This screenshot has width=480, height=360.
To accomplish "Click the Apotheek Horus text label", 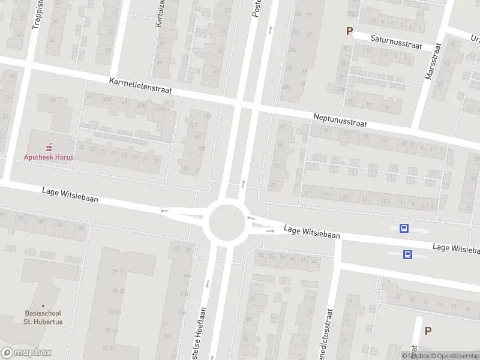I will pyautogui.click(x=49, y=157).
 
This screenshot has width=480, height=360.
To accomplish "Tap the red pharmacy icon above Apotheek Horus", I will pyautogui.click(x=49, y=146).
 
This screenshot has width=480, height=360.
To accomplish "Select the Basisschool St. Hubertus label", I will pyautogui.click(x=44, y=317).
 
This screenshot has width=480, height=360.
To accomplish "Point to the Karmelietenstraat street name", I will pyautogui.click(x=140, y=85).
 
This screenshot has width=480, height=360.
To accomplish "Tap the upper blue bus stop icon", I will pyautogui.click(x=404, y=228).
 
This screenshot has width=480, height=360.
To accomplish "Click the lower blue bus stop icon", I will pyautogui.click(x=407, y=254).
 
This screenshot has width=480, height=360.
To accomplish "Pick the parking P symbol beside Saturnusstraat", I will pyautogui.click(x=349, y=31).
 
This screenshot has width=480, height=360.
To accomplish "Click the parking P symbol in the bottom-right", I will pyautogui.click(x=428, y=331).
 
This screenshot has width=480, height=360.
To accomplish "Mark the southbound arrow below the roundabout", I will pyautogui.click(x=208, y=282).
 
